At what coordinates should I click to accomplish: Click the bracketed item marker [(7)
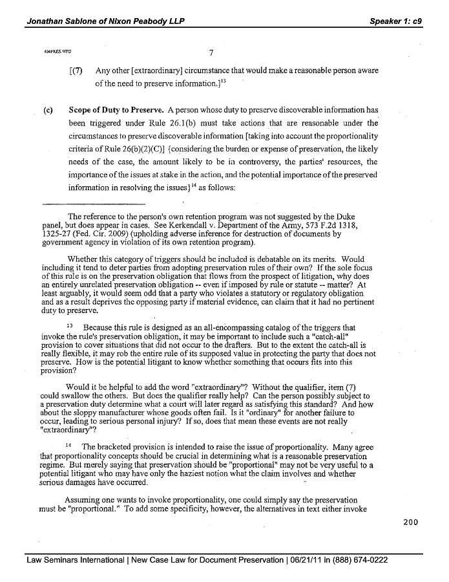point(76,70)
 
